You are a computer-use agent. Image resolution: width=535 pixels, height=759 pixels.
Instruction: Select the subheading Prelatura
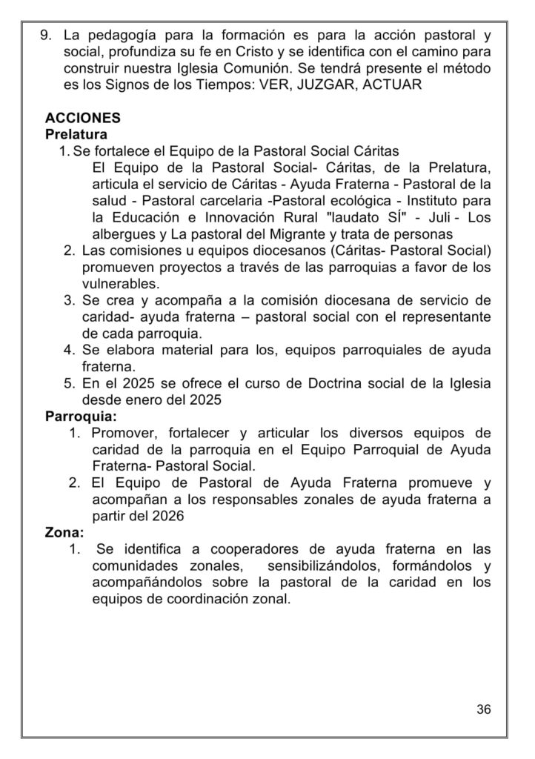(x=76, y=134)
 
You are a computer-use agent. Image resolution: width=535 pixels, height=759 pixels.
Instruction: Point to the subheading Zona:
(x=64, y=531)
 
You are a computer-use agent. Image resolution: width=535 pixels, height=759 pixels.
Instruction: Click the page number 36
(x=483, y=709)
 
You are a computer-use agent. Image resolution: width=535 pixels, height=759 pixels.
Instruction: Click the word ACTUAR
(x=392, y=84)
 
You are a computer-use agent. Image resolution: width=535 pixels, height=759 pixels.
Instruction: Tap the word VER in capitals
(x=271, y=84)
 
